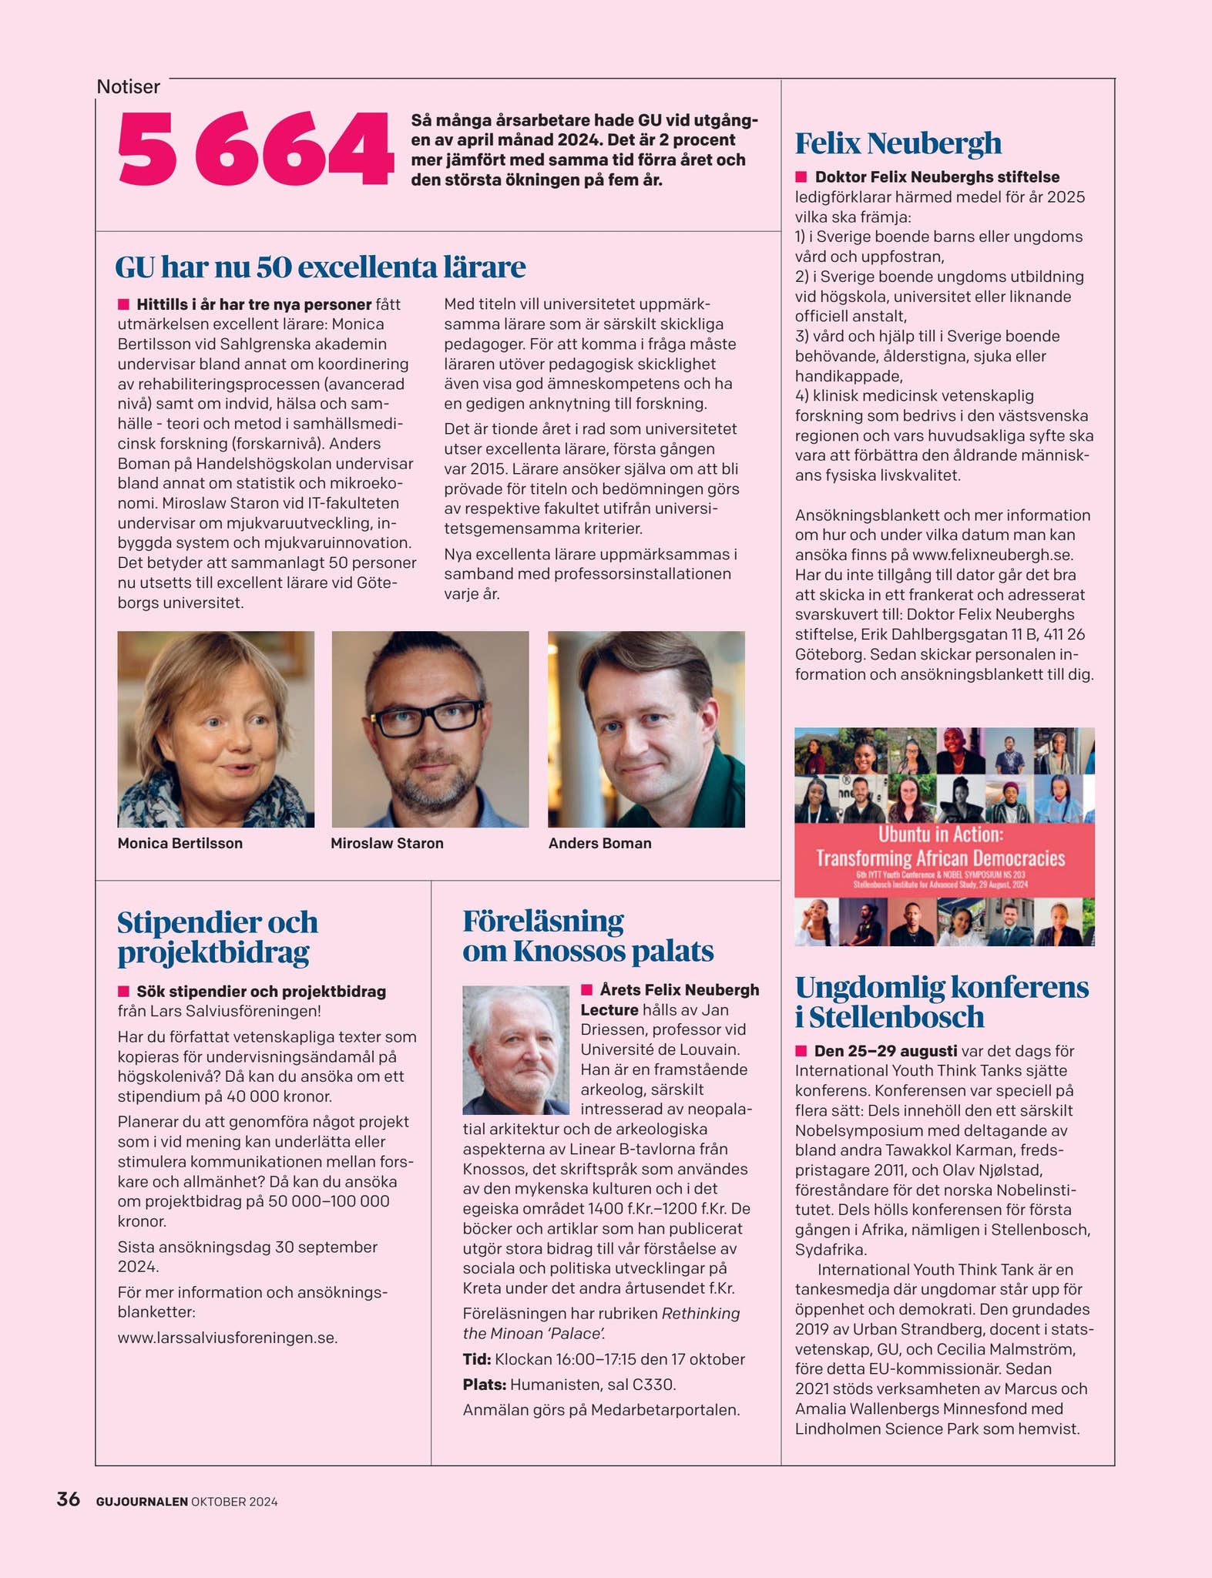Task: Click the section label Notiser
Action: [128, 87]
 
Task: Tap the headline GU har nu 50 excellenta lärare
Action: [320, 267]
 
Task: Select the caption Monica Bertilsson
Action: [180, 843]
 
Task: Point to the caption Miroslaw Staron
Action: [387, 843]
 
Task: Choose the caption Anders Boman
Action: [599, 843]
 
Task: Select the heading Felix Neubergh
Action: [898, 143]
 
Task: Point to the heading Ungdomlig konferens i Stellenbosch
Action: [942, 1002]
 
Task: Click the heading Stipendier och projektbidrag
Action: [217, 937]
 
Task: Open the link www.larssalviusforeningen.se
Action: [227, 1338]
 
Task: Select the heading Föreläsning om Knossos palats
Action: [587, 936]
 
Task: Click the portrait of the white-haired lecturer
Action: [515, 1049]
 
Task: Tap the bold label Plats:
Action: [484, 1385]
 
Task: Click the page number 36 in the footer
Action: [69, 1499]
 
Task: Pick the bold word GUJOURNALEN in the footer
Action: [142, 1502]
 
